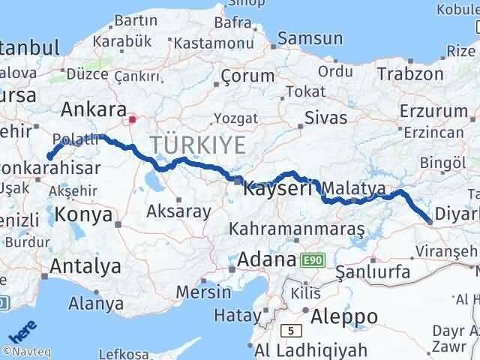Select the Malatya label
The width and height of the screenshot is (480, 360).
pyautogui.click(x=357, y=187)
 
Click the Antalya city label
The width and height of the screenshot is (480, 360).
pyautogui.click(x=85, y=265)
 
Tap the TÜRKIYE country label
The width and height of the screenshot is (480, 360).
pyautogui.click(x=197, y=145)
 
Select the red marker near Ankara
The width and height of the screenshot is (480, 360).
pyautogui.click(x=133, y=118)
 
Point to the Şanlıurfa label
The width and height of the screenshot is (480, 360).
pyautogui.click(x=373, y=271)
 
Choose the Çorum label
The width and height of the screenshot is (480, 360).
pyautogui.click(x=247, y=76)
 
